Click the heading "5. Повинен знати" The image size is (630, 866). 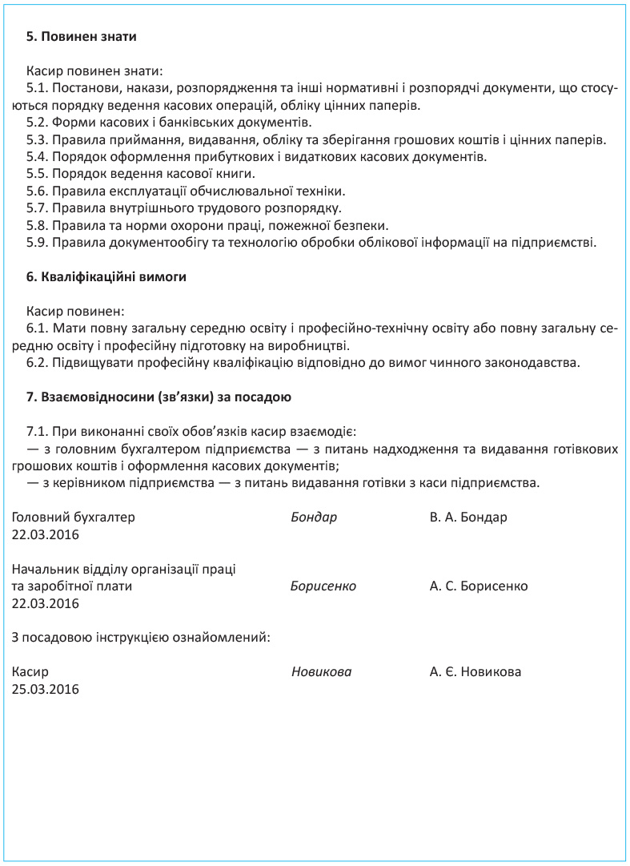(x=82, y=36)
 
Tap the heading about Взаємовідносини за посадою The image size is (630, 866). (x=159, y=397)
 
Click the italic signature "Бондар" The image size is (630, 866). (x=314, y=518)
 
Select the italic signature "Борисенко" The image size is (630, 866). (x=323, y=586)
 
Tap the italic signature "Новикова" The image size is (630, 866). (x=321, y=672)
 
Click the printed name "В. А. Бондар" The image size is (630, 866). (x=468, y=518)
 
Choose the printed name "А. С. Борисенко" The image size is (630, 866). (x=479, y=586)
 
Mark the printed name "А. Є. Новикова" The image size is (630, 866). (x=476, y=672)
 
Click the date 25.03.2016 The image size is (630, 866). (x=46, y=689)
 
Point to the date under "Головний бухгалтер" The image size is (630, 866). (x=46, y=534)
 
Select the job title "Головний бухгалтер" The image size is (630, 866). (x=74, y=518)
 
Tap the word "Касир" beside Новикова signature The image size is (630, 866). (x=30, y=672)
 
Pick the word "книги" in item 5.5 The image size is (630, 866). (x=237, y=173)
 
